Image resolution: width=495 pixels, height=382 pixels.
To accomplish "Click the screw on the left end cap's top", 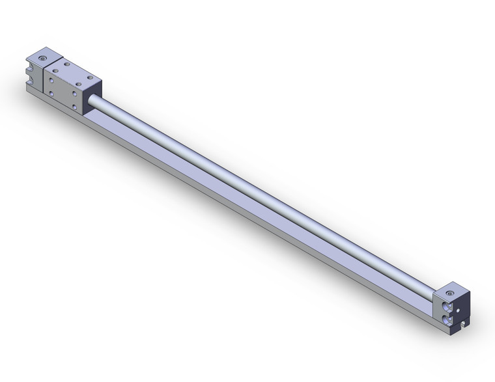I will (x=43, y=59).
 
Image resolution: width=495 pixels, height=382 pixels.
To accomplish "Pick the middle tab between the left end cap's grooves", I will (x=29, y=74).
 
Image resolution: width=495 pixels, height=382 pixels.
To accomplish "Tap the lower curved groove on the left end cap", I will (x=30, y=83).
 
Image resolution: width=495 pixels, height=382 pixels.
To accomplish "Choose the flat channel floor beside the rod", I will (x=261, y=208).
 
